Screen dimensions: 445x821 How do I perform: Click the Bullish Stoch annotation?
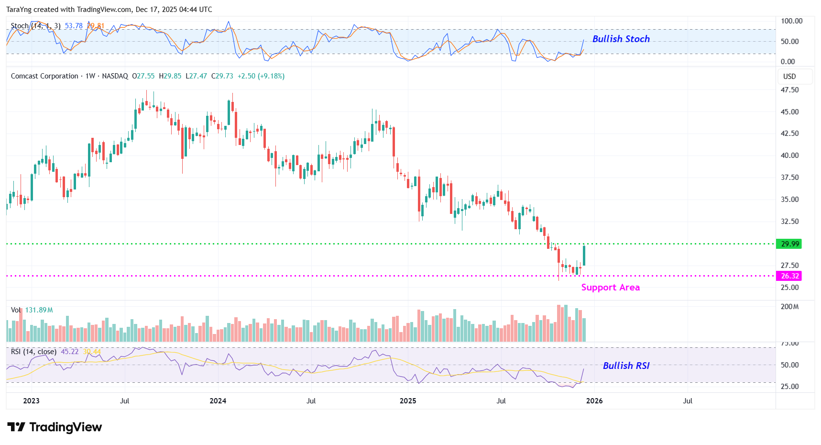(621, 39)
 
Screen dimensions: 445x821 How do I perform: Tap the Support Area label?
(610, 288)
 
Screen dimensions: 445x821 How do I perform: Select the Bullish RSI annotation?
(626, 366)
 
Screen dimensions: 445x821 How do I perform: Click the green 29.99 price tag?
(789, 244)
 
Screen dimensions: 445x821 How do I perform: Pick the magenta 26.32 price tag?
(789, 276)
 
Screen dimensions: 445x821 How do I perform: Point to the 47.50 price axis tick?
(789, 90)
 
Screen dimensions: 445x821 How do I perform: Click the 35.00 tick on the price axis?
(789, 200)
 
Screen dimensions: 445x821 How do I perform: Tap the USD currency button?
(789, 77)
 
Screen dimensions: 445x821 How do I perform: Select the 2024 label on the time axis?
(218, 401)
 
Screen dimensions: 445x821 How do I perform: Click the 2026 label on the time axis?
(594, 401)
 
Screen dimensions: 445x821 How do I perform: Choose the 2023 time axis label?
(31, 401)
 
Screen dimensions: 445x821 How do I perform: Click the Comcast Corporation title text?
(44, 76)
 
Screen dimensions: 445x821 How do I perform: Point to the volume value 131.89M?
(39, 310)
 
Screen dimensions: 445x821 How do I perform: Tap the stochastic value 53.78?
(74, 26)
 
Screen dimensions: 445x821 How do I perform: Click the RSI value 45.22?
(69, 352)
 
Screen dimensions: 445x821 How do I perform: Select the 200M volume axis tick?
(789, 307)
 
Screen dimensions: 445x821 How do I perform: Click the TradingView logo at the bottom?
(55, 427)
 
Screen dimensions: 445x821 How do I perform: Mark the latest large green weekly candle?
(584, 256)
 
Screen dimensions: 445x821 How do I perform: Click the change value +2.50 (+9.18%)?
(261, 76)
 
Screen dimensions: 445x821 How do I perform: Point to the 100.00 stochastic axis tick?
(791, 21)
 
